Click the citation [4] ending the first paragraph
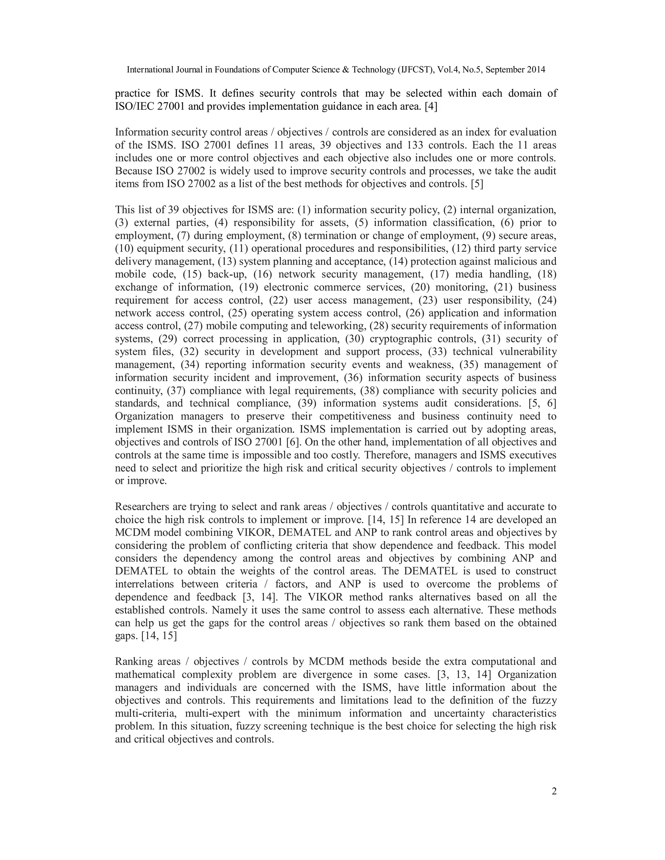431,107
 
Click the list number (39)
307,404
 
